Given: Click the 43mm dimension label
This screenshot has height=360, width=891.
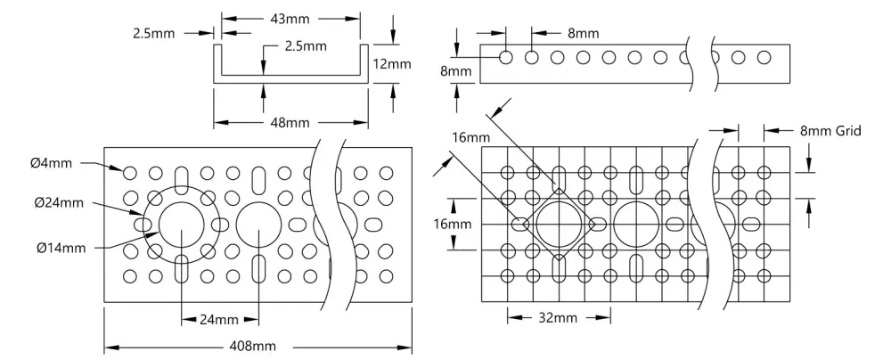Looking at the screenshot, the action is point(290,19).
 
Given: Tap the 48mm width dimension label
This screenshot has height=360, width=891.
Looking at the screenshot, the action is point(290,122).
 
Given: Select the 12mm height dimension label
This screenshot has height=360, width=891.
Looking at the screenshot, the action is point(391,63).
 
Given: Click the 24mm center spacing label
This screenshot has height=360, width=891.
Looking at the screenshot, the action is point(219,320).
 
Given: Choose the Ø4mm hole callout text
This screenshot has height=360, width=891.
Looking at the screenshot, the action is point(51,164).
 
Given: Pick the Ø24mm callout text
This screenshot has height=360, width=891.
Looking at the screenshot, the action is point(58,202).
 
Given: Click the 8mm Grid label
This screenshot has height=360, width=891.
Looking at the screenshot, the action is point(830,131).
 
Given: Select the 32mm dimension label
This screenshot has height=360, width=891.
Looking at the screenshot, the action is point(558,317).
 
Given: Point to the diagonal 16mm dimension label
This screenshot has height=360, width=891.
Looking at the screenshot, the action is point(471,137).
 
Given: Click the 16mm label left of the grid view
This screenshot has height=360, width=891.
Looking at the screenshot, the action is point(453,224).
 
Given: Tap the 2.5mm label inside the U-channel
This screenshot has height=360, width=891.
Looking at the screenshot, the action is point(305,46).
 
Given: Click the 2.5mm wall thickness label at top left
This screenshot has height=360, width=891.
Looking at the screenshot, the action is point(154,34).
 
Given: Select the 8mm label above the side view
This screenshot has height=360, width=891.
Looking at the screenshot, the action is point(583,34).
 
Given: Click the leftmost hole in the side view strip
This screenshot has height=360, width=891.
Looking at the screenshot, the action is point(506,57).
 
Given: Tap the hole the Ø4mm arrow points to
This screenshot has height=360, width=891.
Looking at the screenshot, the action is point(130,172).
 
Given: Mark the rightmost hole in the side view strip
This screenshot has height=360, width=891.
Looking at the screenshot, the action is point(764,57).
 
